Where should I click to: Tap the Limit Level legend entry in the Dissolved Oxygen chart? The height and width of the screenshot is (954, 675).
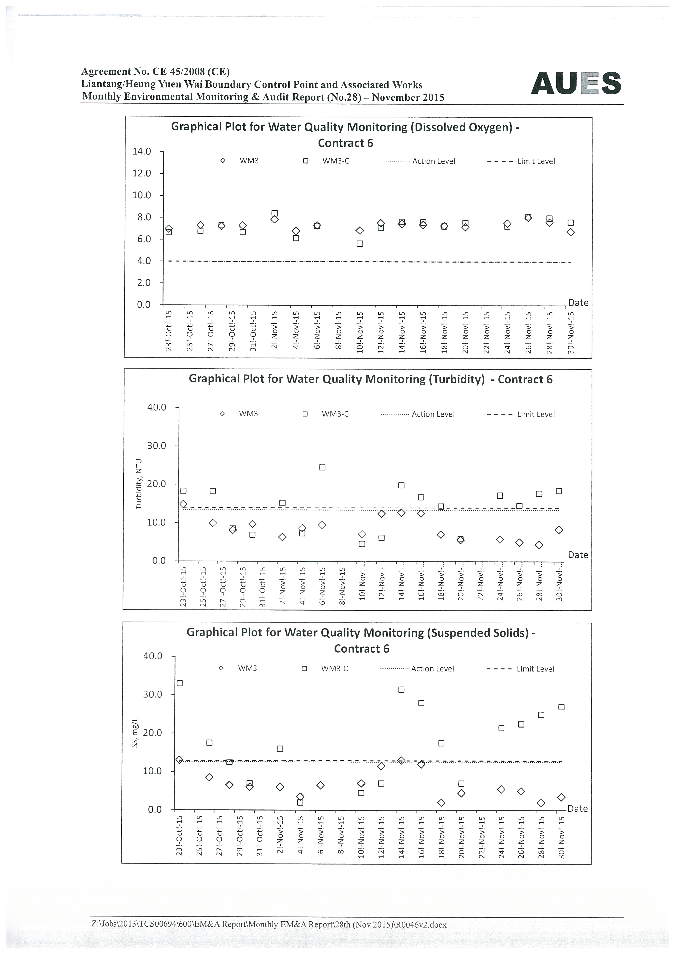click(521, 161)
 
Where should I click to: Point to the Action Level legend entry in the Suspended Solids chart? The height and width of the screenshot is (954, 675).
click(417, 669)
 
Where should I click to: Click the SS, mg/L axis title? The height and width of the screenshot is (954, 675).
click(135, 733)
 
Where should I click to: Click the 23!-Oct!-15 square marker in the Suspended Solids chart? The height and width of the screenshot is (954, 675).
click(179, 683)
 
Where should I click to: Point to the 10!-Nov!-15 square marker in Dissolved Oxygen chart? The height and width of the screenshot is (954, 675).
click(360, 243)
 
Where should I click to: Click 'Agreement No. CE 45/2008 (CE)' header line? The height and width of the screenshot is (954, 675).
click(155, 72)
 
